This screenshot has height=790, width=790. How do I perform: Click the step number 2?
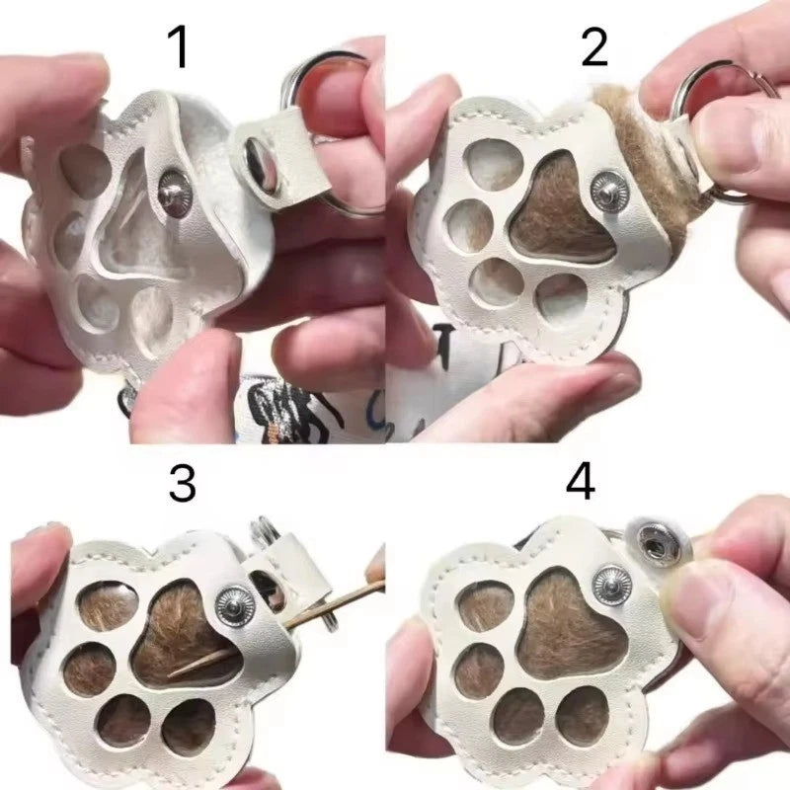click(594, 48)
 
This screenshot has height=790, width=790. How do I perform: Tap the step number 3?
click(182, 484)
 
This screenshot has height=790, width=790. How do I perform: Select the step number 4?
click(581, 482)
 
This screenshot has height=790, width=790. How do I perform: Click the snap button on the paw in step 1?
click(175, 193)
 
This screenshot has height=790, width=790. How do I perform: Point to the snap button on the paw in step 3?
click(235, 606)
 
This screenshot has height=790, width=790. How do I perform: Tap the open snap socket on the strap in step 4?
click(658, 544)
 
